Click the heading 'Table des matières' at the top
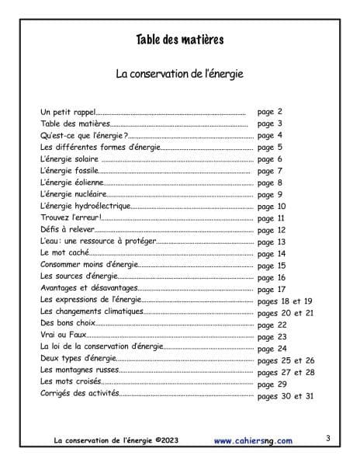[180, 40]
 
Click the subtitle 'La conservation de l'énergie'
[180, 75]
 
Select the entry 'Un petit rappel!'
[68, 112]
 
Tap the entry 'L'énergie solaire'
[70, 159]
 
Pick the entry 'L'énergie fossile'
[70, 171]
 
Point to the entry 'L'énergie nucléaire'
[73, 194]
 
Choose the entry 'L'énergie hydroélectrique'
[85, 207]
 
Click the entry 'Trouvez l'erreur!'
[70, 218]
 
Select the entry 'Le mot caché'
[65, 253]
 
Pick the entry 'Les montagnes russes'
[80, 371]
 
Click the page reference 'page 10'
[272, 207]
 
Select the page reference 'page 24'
[272, 349]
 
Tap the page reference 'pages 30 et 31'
[285, 395]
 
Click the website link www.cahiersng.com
[254, 441]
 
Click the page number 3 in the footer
[328, 439]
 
